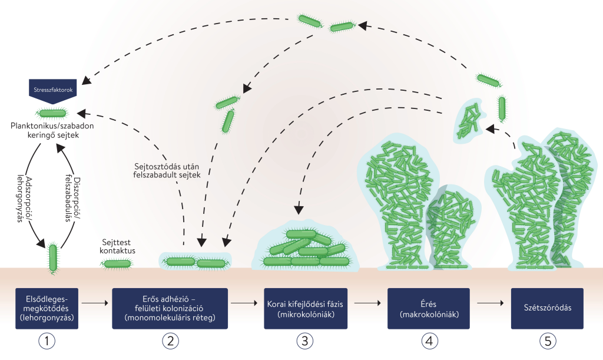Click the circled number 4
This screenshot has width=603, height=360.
428,340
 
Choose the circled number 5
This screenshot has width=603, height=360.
547,340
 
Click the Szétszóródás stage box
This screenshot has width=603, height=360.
547,308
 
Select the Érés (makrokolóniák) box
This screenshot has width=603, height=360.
428,308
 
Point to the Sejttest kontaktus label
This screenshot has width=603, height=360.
118,246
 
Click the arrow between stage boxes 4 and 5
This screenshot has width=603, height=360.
490,303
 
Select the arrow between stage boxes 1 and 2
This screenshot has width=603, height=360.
96,303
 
